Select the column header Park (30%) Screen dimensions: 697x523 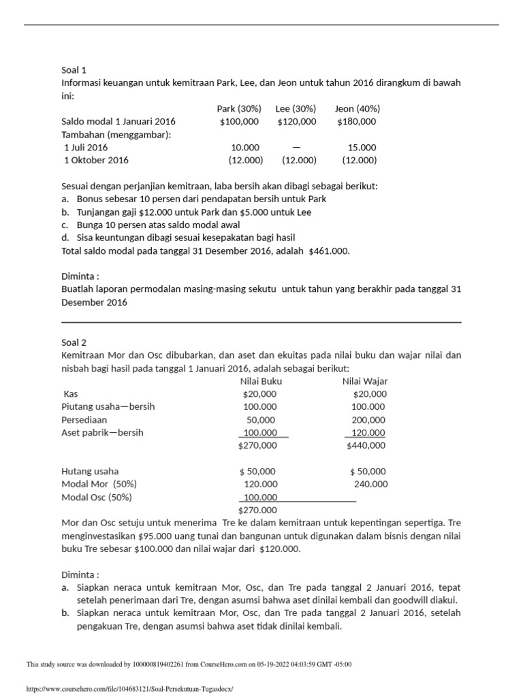238,108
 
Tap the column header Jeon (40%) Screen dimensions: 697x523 358,108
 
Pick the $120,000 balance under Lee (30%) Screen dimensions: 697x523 297,121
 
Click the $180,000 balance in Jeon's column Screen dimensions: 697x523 356,121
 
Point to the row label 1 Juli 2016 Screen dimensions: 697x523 86,147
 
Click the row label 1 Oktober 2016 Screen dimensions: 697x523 96,160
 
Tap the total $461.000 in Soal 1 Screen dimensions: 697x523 329,250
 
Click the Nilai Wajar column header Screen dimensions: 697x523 365,381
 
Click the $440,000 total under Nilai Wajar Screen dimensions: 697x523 366,445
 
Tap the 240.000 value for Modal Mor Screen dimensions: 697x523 370,484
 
